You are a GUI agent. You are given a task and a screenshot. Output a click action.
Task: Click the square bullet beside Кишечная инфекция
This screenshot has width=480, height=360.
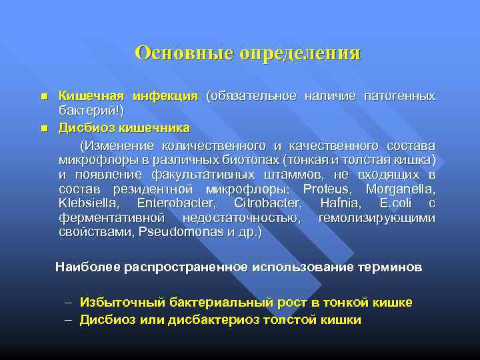coord(44,97)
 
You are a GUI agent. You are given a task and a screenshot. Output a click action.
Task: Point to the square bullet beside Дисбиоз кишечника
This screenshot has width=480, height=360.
coord(44,127)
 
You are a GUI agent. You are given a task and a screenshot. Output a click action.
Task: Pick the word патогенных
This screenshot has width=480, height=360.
coord(399,97)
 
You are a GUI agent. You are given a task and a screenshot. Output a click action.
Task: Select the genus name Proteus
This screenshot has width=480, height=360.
coord(329,189)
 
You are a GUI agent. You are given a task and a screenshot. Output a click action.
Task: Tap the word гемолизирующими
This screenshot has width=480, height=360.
coord(377,218)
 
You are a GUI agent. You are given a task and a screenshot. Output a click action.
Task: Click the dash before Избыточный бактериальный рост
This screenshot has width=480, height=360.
coord(69,303)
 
